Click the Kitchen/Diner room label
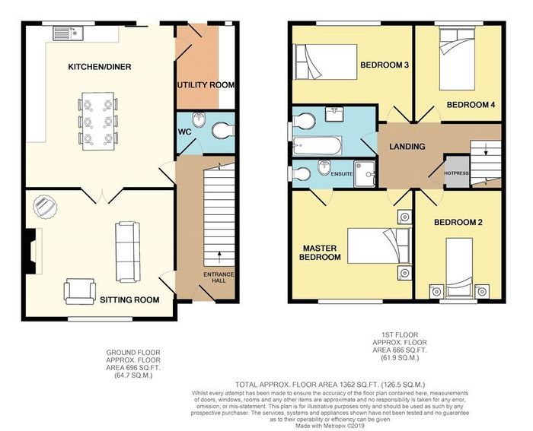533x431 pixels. pos(100,67)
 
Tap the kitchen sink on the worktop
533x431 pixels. pos(68,33)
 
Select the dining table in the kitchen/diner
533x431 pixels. pos(98,121)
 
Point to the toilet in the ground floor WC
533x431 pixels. pos(223,131)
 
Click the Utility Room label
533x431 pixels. pos(206,84)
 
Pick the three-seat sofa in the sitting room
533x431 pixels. pos(128,252)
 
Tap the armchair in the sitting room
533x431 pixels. pos(79,291)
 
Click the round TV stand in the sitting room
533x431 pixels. pos(45,206)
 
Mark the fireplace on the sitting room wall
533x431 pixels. pos(34,250)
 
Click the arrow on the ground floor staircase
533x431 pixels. pos(219,257)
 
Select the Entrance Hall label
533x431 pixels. pos(219,277)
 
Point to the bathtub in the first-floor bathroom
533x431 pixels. pos(318,146)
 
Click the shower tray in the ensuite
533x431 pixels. pos(365,174)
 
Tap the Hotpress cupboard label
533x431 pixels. pos(456,173)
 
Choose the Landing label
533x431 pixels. pos(407,146)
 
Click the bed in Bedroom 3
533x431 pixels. pos(325,62)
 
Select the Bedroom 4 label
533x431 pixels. pos(471,105)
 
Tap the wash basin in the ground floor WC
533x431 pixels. pos(197,119)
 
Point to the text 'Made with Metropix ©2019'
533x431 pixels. pos(330,425)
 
